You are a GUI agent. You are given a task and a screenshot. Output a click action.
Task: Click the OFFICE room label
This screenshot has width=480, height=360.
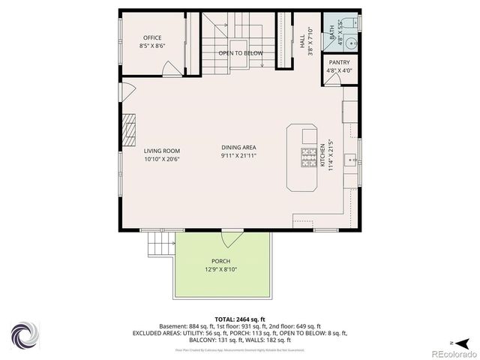[153, 37]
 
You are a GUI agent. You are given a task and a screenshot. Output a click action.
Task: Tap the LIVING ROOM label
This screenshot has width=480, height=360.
[162, 150]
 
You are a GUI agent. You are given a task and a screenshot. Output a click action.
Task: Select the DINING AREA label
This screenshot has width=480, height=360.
[239, 147]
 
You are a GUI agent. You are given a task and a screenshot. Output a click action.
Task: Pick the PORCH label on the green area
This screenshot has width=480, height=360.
[220, 261]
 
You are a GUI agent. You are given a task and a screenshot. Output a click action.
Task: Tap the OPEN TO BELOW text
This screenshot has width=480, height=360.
[241, 53]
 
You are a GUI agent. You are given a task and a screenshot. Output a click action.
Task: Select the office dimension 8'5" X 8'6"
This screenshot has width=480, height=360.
[153, 46]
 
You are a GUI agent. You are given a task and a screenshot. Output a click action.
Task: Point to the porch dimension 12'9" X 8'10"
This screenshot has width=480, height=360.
[220, 269]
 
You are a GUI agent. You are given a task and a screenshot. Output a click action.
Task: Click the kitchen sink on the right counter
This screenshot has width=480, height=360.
[350, 159]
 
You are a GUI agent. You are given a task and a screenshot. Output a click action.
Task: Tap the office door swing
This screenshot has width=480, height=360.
[172, 69]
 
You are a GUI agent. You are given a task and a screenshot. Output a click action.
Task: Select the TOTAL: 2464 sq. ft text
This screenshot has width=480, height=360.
[239, 319]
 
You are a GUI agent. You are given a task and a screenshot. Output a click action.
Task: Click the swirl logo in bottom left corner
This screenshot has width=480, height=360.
[25, 334]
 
